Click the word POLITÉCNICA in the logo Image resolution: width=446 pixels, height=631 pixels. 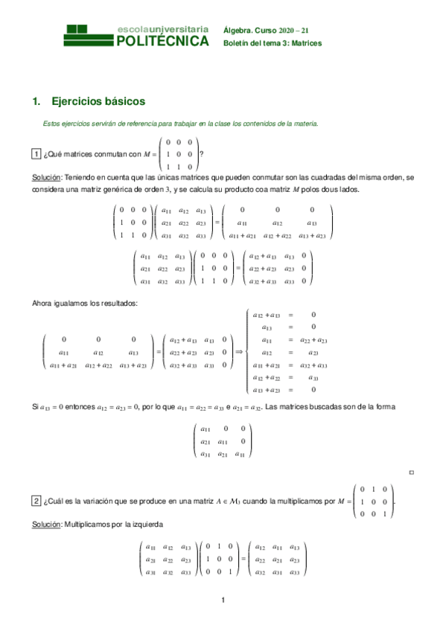pyautogui.click(x=163, y=42)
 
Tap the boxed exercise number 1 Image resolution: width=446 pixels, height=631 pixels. pyautogui.click(x=36, y=155)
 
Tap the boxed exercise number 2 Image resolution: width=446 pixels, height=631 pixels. pyautogui.click(x=36, y=501)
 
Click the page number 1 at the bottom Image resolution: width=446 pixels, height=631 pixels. pyautogui.click(x=223, y=600)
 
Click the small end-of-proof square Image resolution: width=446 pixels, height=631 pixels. pyautogui.click(x=412, y=473)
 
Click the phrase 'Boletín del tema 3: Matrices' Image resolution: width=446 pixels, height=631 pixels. pyautogui.click(x=272, y=43)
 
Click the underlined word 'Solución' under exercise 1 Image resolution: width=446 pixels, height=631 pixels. pyautogui.click(x=47, y=179)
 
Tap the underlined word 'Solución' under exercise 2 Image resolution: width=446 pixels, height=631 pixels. pyautogui.click(x=47, y=525)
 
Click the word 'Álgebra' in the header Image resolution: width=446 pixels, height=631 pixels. pyautogui.click(x=238, y=30)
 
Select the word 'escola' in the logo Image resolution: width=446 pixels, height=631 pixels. pyautogui.click(x=130, y=29)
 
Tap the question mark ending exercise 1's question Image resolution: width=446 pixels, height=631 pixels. pyautogui.click(x=201, y=155)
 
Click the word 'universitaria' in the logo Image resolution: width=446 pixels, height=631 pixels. pyautogui.click(x=177, y=29)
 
